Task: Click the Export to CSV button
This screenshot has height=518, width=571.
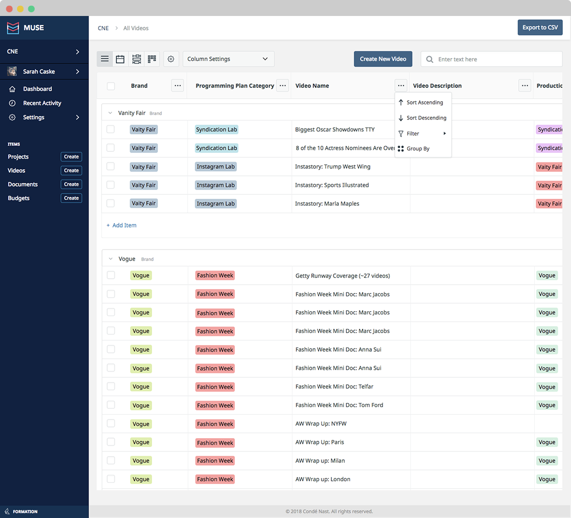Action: (x=540, y=27)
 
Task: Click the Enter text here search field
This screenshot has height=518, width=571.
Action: (x=491, y=59)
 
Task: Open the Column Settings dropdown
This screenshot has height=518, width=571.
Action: (x=228, y=59)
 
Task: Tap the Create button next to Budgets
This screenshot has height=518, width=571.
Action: (x=72, y=198)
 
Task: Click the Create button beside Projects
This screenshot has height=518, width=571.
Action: (x=72, y=157)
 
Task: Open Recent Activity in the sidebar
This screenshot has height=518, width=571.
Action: (x=42, y=103)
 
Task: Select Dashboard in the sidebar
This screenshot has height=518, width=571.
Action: (x=37, y=89)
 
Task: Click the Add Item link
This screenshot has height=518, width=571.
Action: (x=121, y=225)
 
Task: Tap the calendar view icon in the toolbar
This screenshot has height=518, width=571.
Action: (x=120, y=59)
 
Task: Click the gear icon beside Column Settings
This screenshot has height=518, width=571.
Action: (x=171, y=59)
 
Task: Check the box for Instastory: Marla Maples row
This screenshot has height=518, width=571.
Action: (x=110, y=204)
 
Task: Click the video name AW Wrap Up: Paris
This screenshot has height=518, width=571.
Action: (x=320, y=442)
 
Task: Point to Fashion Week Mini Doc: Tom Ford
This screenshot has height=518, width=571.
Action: (x=339, y=405)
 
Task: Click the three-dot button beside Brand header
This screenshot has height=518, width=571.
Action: (x=178, y=85)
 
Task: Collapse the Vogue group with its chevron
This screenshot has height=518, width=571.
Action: (x=110, y=259)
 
